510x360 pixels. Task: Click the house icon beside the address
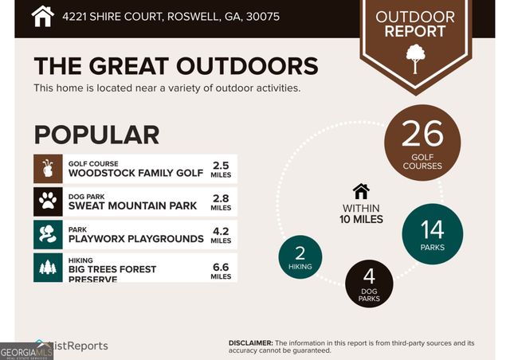pos(42,16)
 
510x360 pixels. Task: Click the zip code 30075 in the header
pos(263,17)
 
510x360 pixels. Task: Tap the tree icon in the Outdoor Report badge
pos(415,59)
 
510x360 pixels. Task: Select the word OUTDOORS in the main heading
pos(247,66)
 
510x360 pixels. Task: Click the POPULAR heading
pos(96,135)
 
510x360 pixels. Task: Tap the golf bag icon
pos(48,169)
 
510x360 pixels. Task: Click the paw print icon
pos(48,202)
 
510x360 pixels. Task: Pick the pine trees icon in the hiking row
pos(48,268)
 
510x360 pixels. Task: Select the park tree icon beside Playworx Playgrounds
pos(48,234)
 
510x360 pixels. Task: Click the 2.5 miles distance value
pos(221,170)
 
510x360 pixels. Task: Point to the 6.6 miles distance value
pos(221,272)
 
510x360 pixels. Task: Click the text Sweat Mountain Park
pos(132,205)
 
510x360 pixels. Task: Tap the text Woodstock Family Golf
pos(135,173)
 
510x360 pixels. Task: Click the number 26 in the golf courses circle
pos(422,133)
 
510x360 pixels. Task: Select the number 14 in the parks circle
pos(432,229)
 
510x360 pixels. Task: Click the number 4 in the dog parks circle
pos(369,276)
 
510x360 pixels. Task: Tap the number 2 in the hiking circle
pos(300,253)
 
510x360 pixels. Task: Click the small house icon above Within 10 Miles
pos(361,191)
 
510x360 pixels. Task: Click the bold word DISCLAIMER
pos(251,342)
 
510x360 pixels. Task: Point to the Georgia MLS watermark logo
pos(26,352)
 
